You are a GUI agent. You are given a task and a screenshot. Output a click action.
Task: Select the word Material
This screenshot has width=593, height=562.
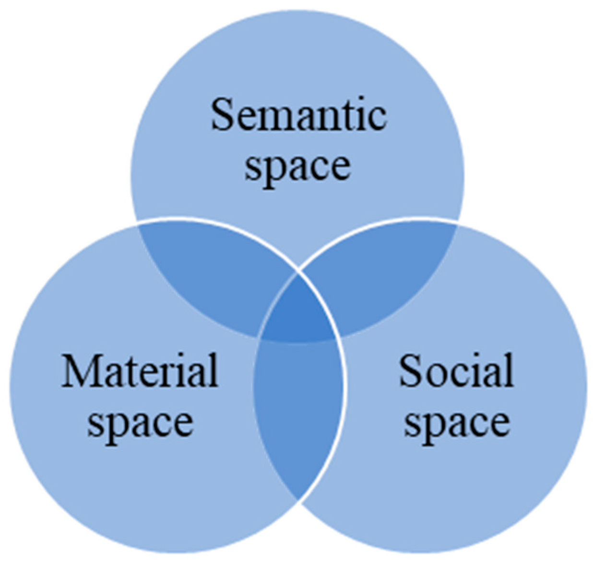140,371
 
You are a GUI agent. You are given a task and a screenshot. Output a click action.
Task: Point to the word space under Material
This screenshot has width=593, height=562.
140,422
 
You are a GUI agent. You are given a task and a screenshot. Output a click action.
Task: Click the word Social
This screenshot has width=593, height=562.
456,371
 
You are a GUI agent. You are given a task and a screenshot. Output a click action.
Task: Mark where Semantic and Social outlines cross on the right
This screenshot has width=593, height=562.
457,223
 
